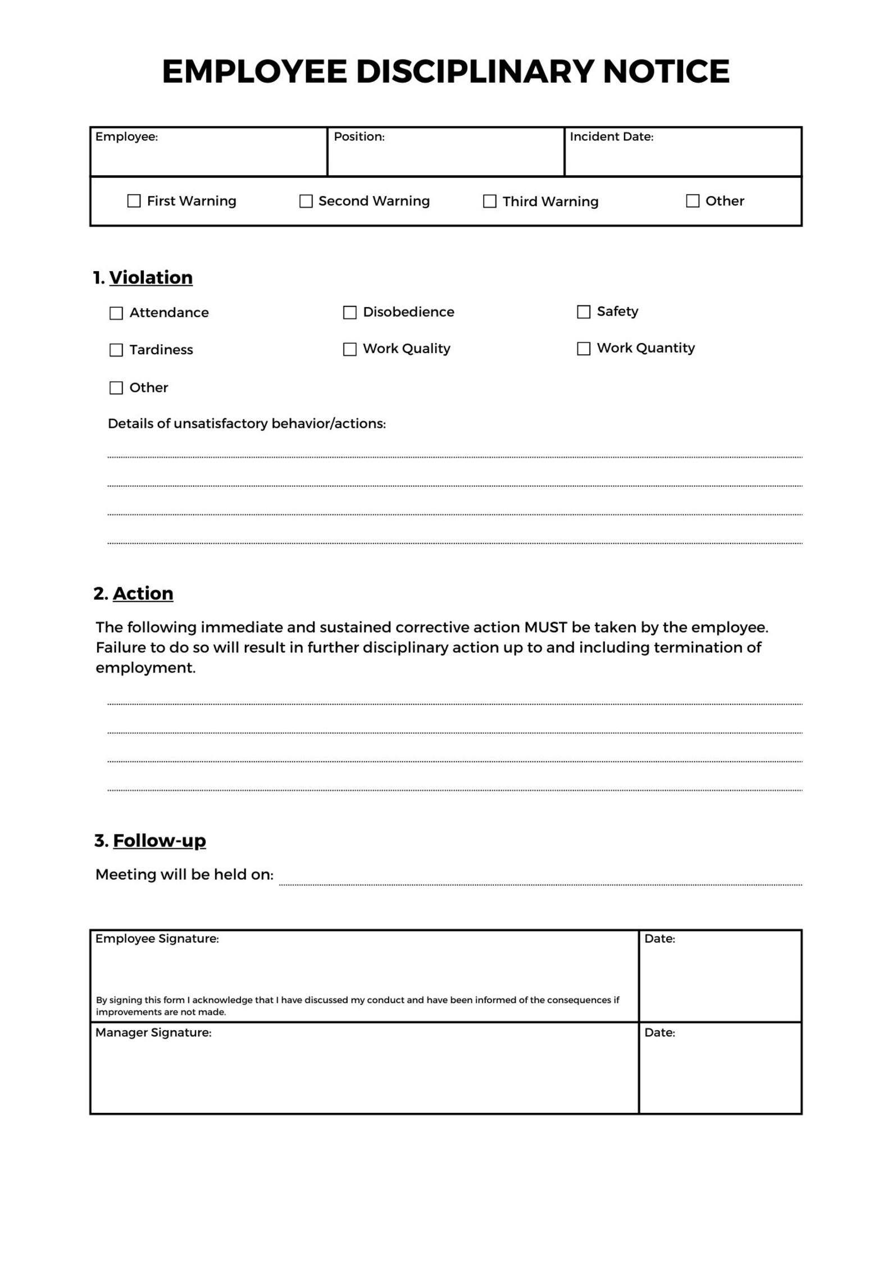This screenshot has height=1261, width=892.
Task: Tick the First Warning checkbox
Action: [x=134, y=201]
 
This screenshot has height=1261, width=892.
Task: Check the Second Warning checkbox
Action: [x=306, y=201]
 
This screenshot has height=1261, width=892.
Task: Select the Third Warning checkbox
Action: [x=489, y=201]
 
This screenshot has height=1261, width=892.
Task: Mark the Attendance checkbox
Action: [x=116, y=313]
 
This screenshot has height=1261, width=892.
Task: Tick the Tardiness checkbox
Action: [x=116, y=350]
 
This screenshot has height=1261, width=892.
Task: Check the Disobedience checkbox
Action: [x=349, y=312]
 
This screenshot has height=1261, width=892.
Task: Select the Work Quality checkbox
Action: [x=349, y=349]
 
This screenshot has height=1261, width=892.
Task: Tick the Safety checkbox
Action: [x=584, y=312]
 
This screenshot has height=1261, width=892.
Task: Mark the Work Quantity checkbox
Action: [x=584, y=349]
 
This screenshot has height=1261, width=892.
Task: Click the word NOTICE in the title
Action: [x=666, y=72]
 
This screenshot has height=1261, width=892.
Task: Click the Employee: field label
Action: [x=126, y=137]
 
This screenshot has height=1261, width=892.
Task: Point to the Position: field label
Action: [x=359, y=137]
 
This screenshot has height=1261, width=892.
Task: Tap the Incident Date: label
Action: [x=611, y=137]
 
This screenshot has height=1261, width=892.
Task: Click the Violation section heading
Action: [x=151, y=277]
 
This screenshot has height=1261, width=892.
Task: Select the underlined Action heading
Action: [x=143, y=593]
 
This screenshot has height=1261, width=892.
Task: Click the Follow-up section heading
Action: [x=159, y=840]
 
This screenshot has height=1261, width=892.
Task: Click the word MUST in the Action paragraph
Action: [x=545, y=627]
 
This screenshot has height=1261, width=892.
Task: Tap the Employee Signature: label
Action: [x=157, y=939]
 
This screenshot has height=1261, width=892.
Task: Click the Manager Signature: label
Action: [x=153, y=1032]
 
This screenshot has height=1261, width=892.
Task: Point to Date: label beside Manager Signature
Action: [x=659, y=1032]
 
